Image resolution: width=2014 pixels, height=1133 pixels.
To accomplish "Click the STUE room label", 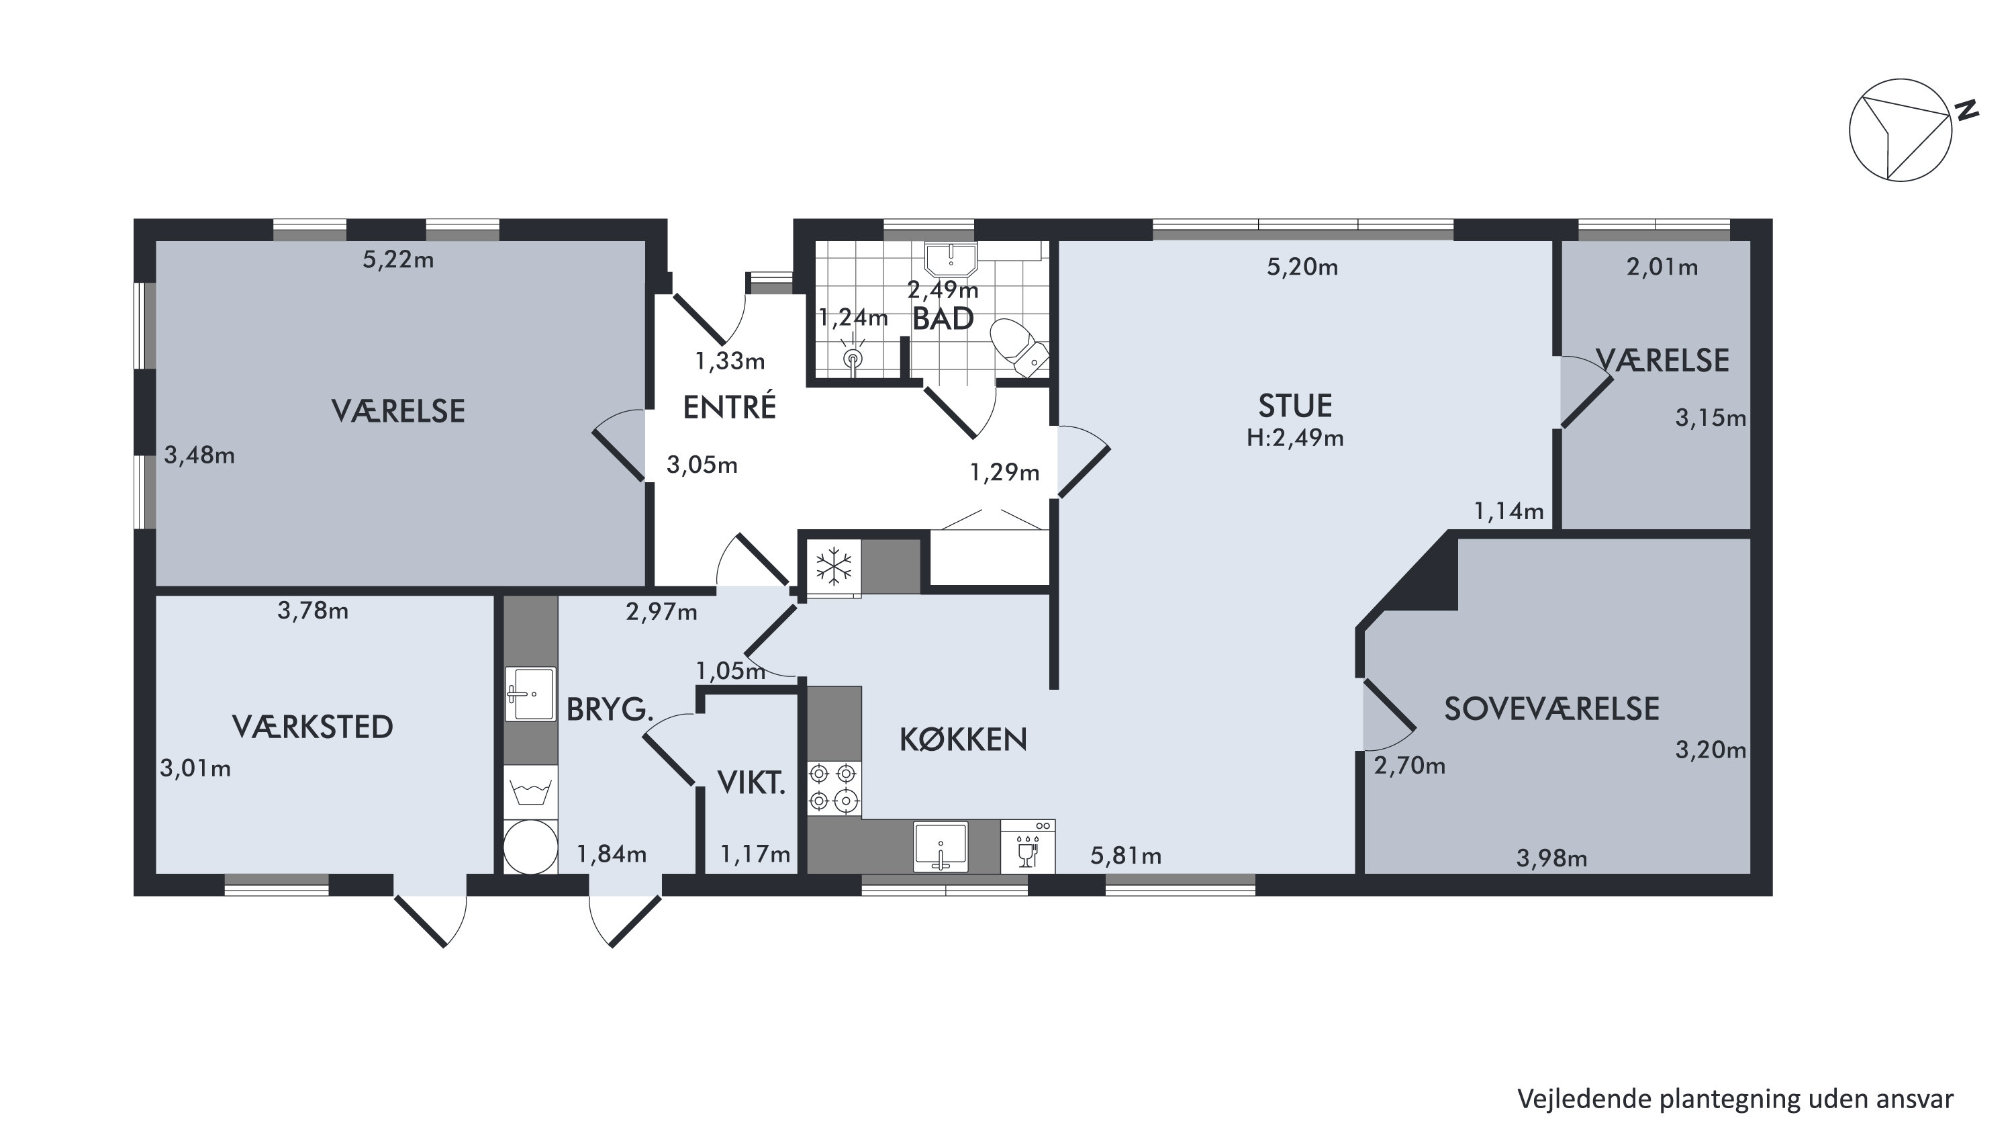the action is click(1295, 406).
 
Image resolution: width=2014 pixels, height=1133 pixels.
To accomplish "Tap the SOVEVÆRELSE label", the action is click(1551, 709).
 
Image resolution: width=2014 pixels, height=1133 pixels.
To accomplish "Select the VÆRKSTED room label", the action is click(313, 727).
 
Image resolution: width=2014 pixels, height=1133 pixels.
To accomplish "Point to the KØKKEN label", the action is click(963, 739).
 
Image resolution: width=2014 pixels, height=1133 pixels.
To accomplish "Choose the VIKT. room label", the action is click(751, 782).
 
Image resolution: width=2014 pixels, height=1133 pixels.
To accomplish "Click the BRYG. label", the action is click(610, 709).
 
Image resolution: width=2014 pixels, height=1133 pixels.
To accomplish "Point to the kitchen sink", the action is click(941, 846).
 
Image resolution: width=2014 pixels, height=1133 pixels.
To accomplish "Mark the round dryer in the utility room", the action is click(529, 847).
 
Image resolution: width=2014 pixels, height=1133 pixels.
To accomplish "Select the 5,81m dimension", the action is click(1126, 856).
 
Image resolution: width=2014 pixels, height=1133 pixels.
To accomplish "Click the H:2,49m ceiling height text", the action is click(1295, 438).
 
